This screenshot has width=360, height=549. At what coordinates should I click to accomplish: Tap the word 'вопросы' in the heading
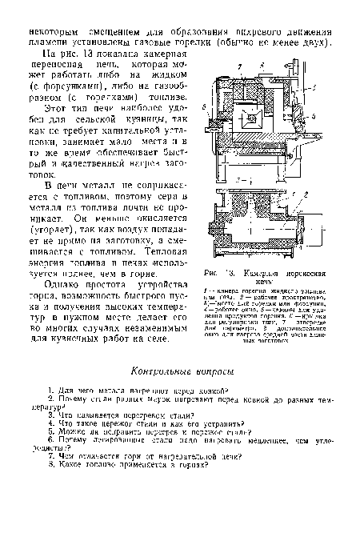click(x=212, y=371)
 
